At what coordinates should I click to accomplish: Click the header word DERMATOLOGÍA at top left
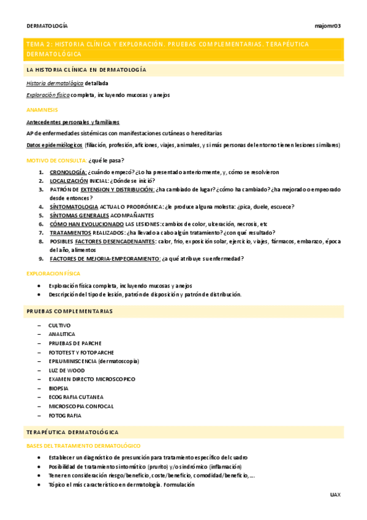pos(47,26)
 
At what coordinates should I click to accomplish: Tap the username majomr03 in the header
pos(327,26)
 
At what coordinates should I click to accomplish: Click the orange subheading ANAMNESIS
pos(42,109)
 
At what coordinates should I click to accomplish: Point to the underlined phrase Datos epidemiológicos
pos(55,145)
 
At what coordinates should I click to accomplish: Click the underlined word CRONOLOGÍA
pos(68,172)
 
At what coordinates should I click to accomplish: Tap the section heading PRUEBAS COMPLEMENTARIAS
pos(70,312)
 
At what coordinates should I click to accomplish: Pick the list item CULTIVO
pos(59,325)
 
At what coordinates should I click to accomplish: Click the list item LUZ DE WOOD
pos(66,370)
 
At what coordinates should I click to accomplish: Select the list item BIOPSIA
pos(59,388)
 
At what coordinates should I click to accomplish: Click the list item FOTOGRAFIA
pos(65,416)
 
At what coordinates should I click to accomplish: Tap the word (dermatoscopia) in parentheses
pos(118,361)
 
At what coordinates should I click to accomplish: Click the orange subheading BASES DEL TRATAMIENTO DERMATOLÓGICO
pos(83,445)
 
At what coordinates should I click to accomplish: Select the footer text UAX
pos(335,494)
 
